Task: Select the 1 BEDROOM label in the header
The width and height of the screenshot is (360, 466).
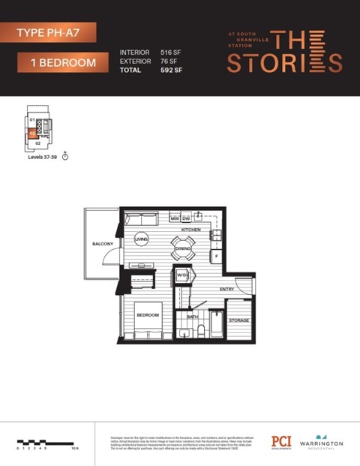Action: point(64,63)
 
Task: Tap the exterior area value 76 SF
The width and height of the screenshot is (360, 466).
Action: point(169,62)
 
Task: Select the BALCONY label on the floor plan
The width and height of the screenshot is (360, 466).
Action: point(103,245)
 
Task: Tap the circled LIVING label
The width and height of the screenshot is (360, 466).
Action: point(141,239)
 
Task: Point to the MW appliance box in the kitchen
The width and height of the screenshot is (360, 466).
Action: point(174,218)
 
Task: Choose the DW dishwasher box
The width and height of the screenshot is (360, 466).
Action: point(185,218)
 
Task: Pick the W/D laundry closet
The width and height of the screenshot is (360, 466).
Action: point(182,275)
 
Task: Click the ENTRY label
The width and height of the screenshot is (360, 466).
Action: point(226,289)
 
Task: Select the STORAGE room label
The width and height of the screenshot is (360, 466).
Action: point(239,320)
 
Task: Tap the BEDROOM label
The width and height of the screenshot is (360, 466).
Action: point(148,315)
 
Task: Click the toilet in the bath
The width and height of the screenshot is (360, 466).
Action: point(193,331)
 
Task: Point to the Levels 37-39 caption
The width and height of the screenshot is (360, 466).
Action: point(43,158)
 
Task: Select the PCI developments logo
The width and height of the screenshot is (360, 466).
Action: point(281,442)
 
